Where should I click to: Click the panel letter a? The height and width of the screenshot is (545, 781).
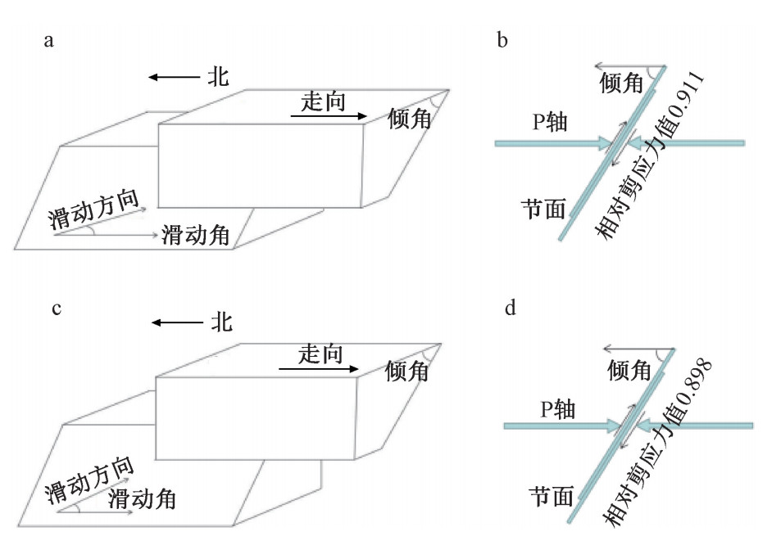49,41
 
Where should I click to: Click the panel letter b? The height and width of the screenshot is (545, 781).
502,40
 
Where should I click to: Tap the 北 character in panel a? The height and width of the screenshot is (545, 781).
217,78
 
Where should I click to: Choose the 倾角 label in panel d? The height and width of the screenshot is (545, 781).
629,371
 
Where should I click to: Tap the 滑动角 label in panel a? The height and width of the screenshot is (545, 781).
196,236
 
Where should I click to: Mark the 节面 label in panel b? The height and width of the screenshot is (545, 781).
543,208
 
